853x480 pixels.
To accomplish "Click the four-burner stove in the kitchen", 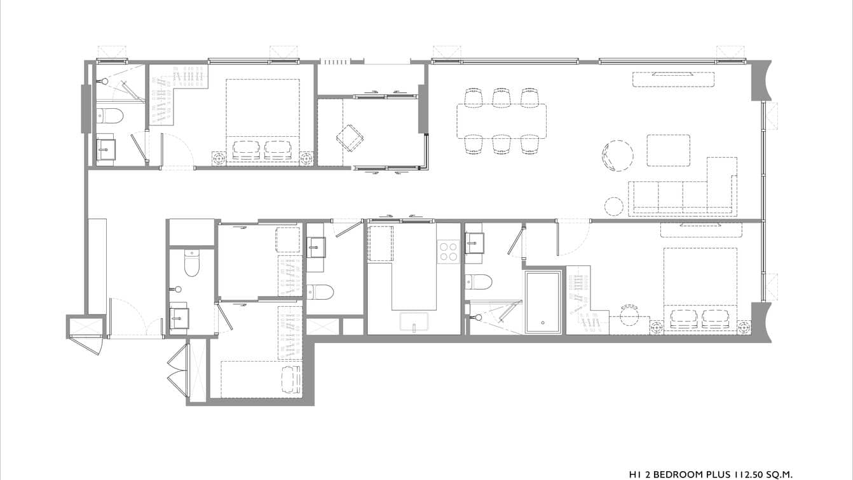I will tap(448, 251).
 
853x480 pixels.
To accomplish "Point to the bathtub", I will tap(543, 302).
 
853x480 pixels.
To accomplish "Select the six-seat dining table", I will tap(501, 121).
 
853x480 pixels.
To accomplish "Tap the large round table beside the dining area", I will tap(618, 155).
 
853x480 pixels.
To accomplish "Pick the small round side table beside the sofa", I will tap(614, 206).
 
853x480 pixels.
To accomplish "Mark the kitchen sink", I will tap(414, 322).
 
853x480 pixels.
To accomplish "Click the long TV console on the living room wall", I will tap(673, 80).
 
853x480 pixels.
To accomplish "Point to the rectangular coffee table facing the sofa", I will tap(669, 150).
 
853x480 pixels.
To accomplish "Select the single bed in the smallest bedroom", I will tap(261, 379).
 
